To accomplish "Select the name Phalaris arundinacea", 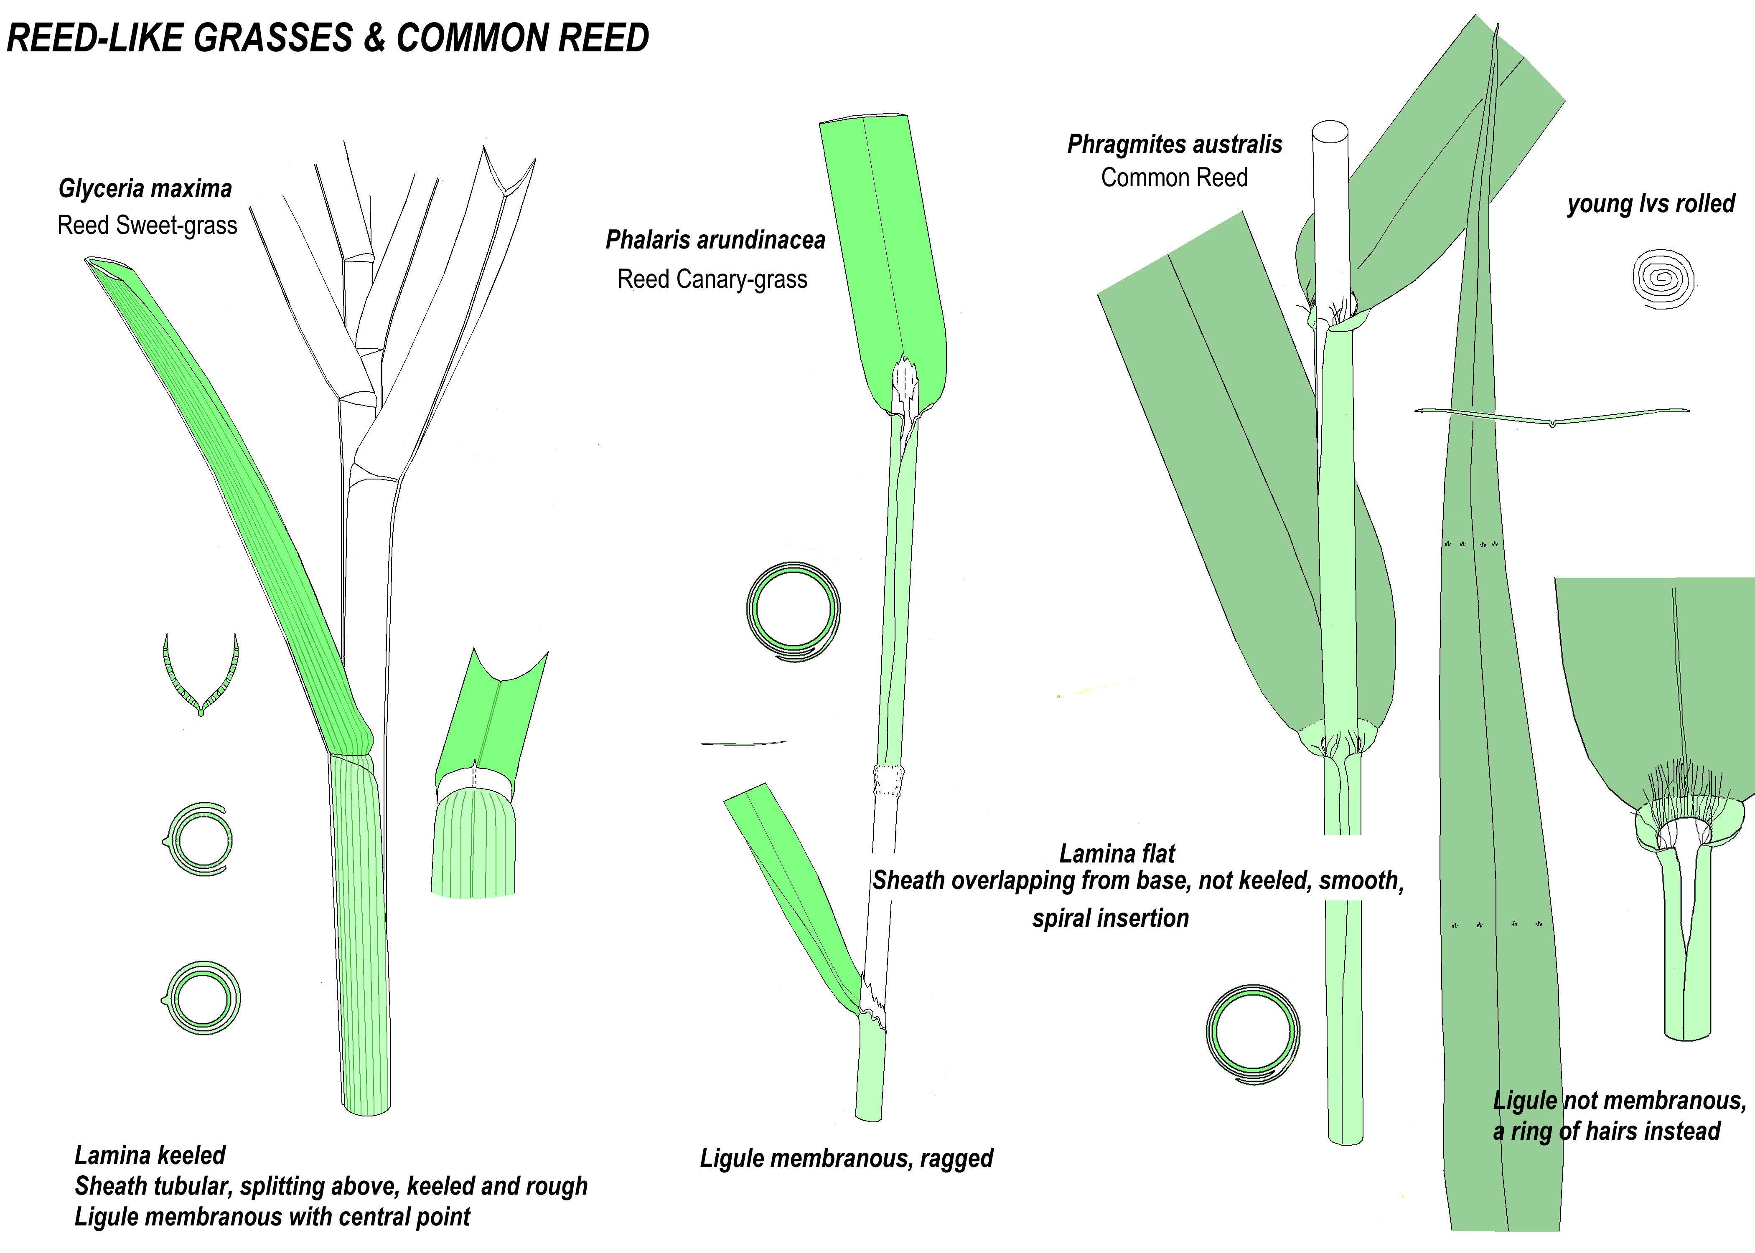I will pyautogui.click(x=715, y=240).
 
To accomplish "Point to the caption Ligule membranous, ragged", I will pyautogui.click(x=846, y=1158).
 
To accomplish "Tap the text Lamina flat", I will pyautogui.click(x=1117, y=853).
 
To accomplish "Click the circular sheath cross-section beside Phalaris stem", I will pyautogui.click(x=794, y=611).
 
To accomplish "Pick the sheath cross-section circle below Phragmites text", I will pyautogui.click(x=1252, y=1034).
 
